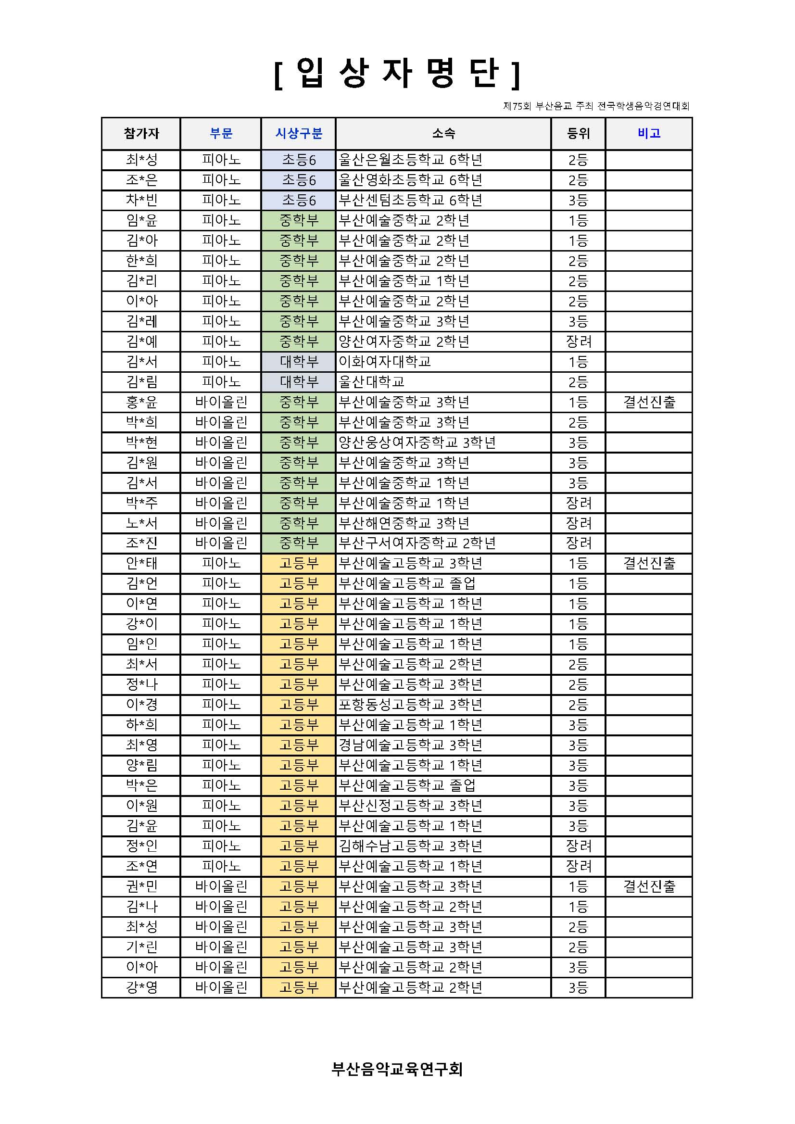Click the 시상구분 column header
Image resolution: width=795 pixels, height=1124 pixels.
pos(299,133)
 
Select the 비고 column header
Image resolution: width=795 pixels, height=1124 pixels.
pos(649,133)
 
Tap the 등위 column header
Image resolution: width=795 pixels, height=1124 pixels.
pos(578,133)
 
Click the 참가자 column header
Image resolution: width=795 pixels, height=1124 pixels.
pos(141,133)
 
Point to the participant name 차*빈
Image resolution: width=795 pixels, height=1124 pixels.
pos(141,200)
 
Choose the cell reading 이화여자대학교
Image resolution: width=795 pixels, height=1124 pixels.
pos(385,362)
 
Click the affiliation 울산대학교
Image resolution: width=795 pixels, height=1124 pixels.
pos(372,382)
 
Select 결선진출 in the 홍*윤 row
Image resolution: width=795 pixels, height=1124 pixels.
pos(649,402)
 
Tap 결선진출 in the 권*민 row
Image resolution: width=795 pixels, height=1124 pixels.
pos(649,886)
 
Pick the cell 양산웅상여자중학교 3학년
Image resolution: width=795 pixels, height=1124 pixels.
pos(417,442)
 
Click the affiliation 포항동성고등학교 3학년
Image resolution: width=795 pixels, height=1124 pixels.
pos(411,705)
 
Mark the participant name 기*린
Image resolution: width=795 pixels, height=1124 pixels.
pos(141,947)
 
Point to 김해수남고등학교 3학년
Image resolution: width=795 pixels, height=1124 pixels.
pos(411,846)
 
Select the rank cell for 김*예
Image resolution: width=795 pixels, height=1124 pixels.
pos(578,341)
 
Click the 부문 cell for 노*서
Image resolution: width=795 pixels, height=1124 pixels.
pos(221,523)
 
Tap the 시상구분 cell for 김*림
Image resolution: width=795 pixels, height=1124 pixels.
pos(299,382)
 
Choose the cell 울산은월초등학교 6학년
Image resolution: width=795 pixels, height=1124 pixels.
pos(411,160)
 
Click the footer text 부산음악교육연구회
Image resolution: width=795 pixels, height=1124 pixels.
pos(397,1069)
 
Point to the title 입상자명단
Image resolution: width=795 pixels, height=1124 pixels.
pos(397,74)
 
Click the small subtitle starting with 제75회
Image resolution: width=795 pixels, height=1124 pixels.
pos(596,106)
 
